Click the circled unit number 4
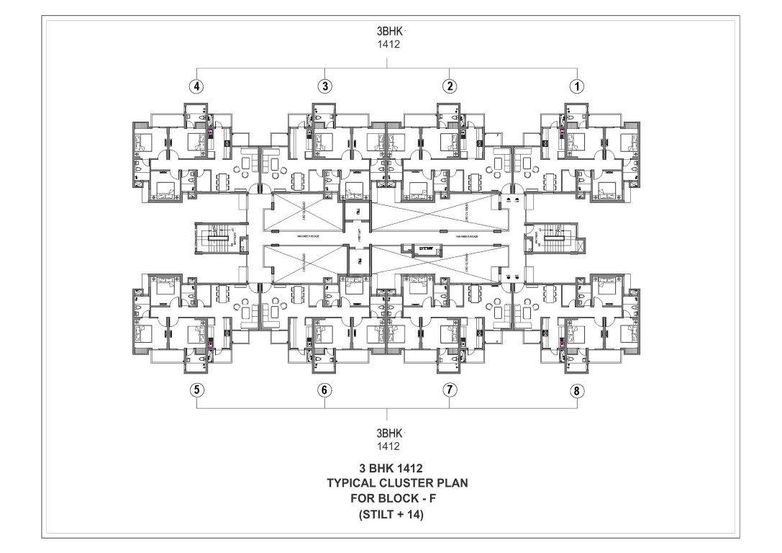coord(196,86)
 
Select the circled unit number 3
coord(325,86)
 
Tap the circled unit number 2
coord(450,86)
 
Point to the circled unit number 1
coord(576,86)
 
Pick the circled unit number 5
coord(196,391)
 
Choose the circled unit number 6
coord(325,391)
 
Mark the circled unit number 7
coord(450,391)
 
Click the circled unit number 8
coord(576,391)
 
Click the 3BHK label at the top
coord(387,32)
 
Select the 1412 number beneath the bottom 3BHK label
coord(387,446)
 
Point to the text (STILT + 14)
coord(388,515)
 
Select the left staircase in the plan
coord(215,237)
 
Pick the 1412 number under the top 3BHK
coord(387,44)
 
